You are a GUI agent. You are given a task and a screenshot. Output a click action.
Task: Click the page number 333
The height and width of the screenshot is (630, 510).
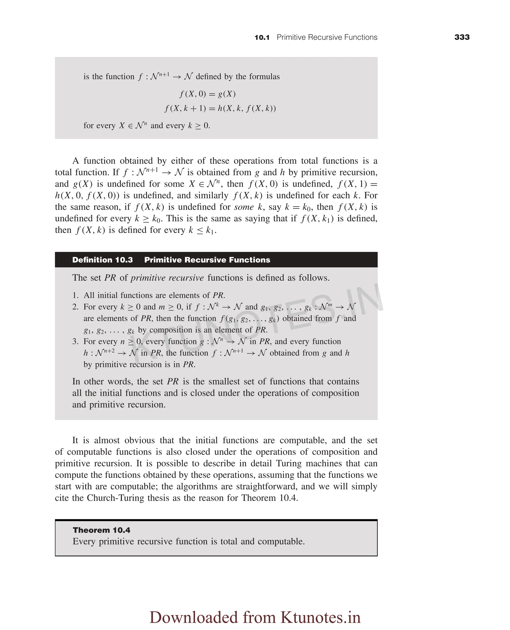462,37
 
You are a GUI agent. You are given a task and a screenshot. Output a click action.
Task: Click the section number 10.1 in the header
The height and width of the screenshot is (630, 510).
262,38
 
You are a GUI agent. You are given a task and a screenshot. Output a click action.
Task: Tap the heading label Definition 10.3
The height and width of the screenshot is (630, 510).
103,260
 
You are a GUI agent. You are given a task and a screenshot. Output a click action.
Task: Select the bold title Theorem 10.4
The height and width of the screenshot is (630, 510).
101,530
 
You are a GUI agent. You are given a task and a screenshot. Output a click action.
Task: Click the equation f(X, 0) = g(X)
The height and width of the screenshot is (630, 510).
208,94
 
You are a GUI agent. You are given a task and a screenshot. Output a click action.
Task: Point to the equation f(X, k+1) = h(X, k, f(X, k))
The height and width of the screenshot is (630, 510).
220,108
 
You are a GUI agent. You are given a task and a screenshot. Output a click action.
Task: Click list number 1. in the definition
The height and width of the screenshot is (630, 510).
75,295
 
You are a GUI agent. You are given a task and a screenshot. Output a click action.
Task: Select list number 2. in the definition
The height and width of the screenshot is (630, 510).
75,307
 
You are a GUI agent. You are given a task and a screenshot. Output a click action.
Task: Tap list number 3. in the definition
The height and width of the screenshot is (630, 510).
75,342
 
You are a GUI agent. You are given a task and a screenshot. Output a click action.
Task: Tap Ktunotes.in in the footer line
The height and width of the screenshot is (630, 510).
320,617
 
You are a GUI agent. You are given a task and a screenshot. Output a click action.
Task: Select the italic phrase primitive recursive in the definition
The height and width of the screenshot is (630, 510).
167,278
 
